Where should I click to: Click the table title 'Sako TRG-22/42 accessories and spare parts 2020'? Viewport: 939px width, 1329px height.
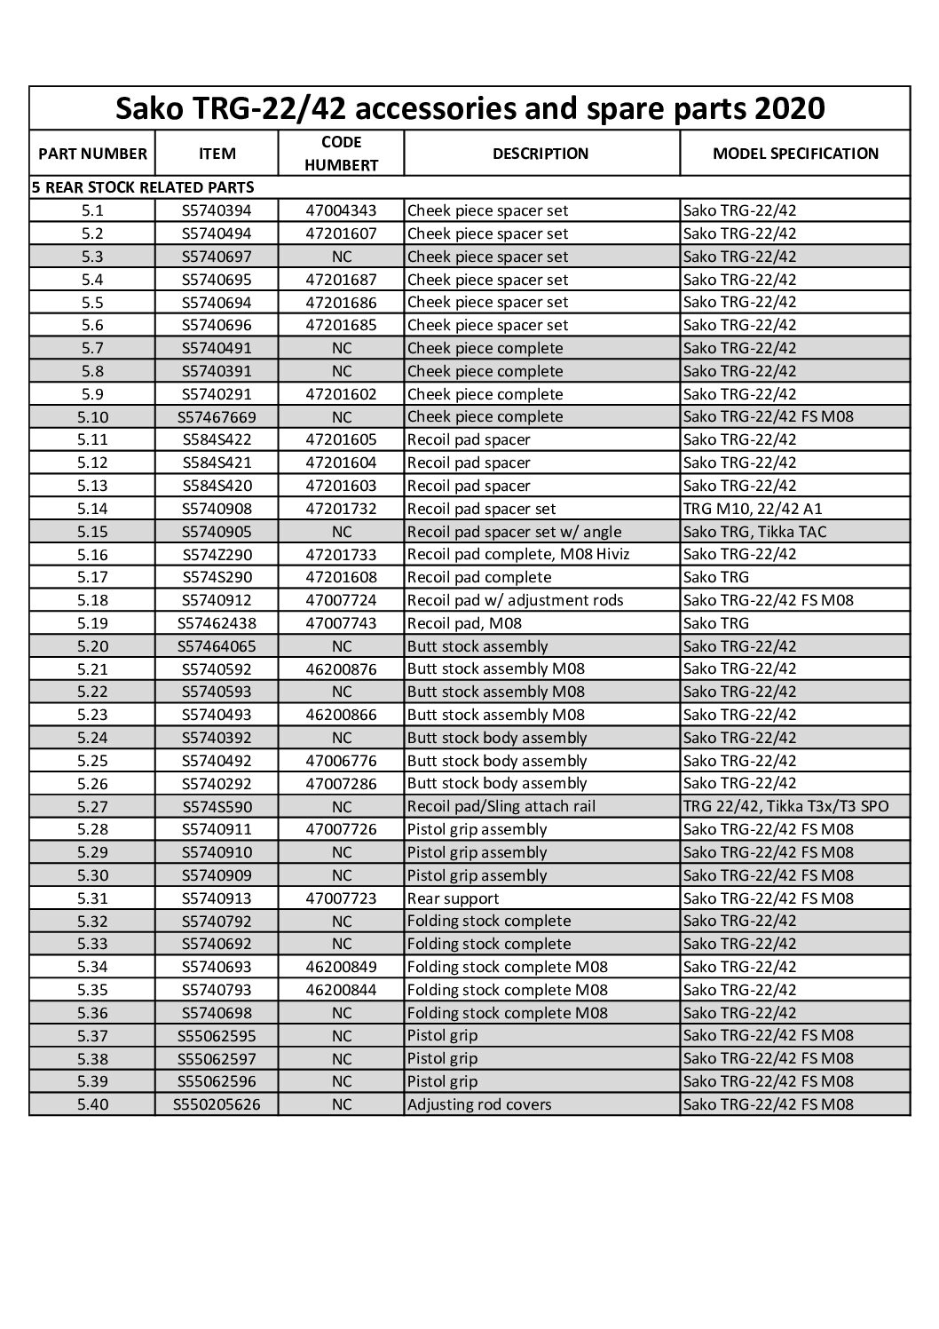click(x=470, y=108)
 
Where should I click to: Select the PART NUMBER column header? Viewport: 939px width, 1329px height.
click(x=92, y=154)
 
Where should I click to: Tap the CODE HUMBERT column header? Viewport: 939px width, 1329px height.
click(x=342, y=154)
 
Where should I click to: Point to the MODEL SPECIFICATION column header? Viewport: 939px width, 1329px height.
click(x=795, y=154)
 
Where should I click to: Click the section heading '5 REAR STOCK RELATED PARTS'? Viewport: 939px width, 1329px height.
click(x=143, y=187)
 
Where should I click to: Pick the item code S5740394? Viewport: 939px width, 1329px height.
click(x=217, y=210)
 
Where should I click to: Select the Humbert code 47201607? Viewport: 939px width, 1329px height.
click(x=342, y=233)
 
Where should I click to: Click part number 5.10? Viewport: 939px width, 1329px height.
click(x=92, y=416)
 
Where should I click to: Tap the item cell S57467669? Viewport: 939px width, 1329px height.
click(x=217, y=416)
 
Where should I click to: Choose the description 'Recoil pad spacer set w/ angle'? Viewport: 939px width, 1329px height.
click(x=515, y=532)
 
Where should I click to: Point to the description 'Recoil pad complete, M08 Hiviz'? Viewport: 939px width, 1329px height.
click(x=513, y=555)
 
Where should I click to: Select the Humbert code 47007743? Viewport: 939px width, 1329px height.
click(x=342, y=623)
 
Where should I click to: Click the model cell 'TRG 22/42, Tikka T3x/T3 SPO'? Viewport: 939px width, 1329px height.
click(x=785, y=806)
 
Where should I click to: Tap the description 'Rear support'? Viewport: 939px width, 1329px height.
click(x=453, y=898)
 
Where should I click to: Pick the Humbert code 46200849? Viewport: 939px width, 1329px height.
click(x=342, y=967)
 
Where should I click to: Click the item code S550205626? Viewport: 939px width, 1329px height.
click(x=217, y=1104)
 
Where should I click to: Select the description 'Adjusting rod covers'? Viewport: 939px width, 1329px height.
click(x=479, y=1104)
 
